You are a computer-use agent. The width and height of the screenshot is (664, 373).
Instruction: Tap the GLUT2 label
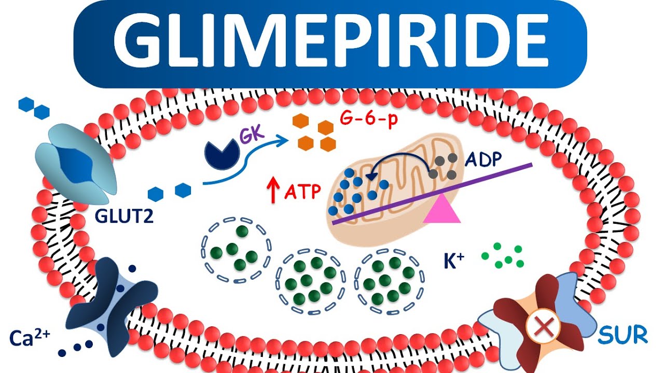click(124, 216)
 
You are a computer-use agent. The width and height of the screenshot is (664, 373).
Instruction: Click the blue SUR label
click(622, 336)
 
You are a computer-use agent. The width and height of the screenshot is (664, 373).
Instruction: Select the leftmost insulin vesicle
click(236, 248)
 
